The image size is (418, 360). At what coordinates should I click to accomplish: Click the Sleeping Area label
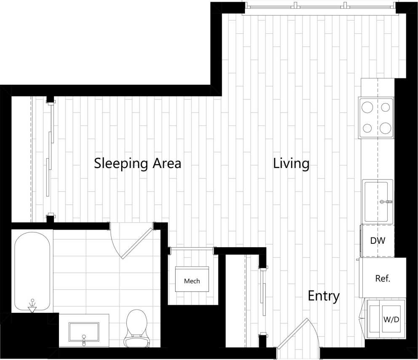(137, 163)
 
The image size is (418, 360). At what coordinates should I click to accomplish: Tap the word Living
(291, 163)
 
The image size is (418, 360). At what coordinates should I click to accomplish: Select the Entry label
(323, 296)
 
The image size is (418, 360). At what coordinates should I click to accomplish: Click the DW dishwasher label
(378, 240)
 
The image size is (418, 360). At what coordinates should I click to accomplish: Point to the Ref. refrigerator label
(382, 278)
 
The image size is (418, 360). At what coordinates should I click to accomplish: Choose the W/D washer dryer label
(391, 320)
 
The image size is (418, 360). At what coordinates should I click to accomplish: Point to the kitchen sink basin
(376, 201)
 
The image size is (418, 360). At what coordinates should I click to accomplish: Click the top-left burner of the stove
(367, 107)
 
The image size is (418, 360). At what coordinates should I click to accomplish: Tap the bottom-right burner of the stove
(385, 128)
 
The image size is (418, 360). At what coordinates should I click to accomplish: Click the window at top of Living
(320, 5)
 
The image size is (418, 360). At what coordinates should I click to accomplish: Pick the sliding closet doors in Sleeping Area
(50, 158)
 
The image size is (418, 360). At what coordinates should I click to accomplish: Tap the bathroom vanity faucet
(84, 339)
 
